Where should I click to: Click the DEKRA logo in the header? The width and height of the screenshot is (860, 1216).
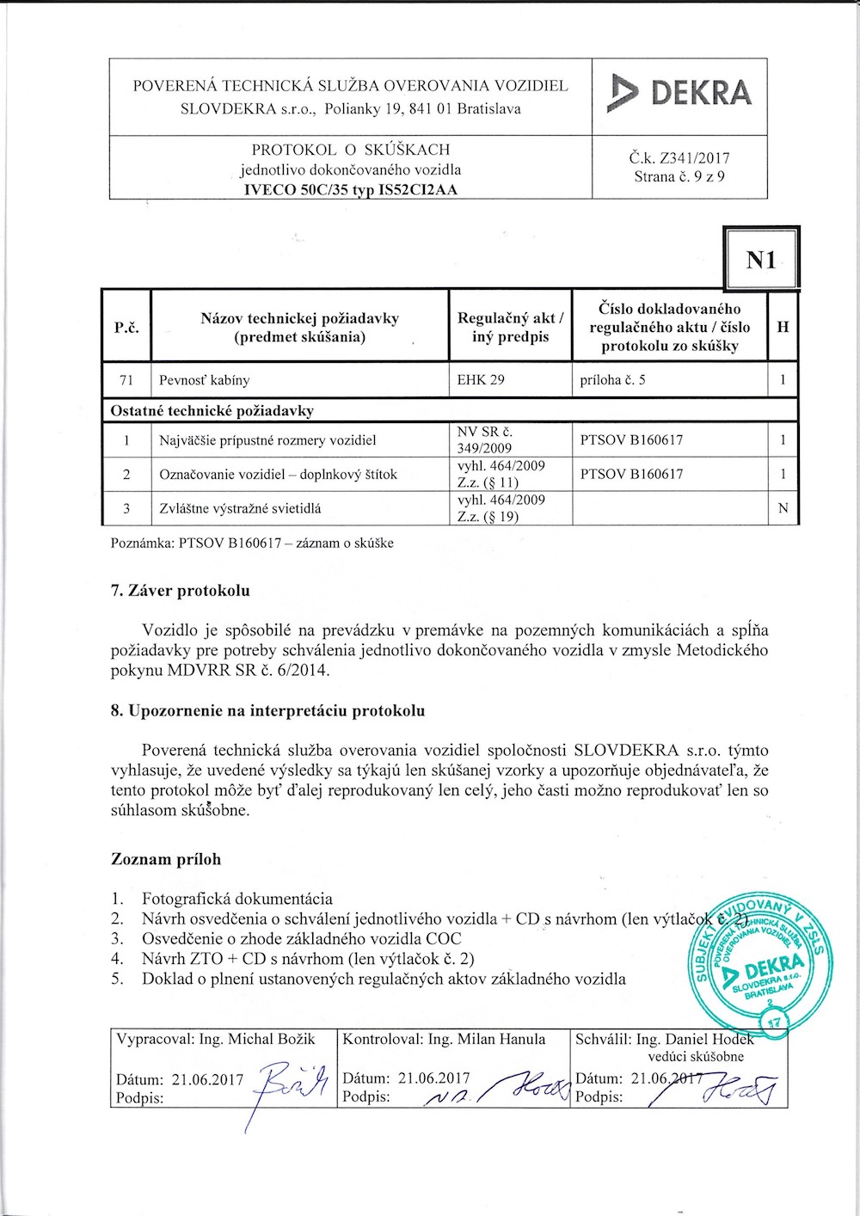click(679, 94)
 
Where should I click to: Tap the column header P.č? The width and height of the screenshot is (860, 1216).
click(126, 328)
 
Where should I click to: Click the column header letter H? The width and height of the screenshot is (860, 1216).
click(783, 327)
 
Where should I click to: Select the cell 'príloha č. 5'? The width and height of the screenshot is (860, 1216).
click(613, 380)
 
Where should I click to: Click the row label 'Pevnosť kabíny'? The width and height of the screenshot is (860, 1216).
click(205, 380)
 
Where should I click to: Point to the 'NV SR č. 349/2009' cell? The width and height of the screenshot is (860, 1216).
click(485, 440)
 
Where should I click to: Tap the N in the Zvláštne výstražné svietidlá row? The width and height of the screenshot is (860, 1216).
click(783, 508)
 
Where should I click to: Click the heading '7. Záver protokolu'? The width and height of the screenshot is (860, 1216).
click(181, 591)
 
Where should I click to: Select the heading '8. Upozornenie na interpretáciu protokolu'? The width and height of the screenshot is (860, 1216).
click(267, 711)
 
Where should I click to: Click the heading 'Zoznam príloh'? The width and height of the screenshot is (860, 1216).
click(166, 859)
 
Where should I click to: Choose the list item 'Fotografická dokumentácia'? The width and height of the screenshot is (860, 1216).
click(237, 900)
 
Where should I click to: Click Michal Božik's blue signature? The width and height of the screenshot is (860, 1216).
click(292, 1085)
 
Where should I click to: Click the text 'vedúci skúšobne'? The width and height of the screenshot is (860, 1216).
click(696, 1057)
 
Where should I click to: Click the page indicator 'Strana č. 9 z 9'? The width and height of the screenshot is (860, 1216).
click(679, 177)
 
